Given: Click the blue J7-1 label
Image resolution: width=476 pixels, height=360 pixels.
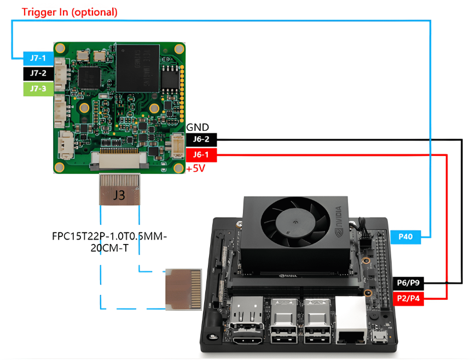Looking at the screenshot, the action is (38, 58).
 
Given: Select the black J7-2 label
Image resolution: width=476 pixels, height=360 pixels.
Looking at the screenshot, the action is (38, 73).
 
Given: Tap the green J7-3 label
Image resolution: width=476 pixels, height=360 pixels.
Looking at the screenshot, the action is (38, 89).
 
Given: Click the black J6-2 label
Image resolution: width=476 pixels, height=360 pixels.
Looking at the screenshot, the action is (201, 140).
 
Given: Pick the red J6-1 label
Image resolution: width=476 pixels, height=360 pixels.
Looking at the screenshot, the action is (201, 155).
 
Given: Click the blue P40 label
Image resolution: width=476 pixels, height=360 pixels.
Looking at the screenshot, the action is (405, 237).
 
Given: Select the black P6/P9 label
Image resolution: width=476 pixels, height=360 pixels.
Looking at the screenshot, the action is (408, 283).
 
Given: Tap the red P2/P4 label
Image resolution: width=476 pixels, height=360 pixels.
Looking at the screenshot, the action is (408, 298).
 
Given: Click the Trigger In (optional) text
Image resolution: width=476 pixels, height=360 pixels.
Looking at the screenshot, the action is (69, 12).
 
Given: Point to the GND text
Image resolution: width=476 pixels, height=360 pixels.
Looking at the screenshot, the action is (198, 127).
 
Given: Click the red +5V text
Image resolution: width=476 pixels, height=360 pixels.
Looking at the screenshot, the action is (196, 168).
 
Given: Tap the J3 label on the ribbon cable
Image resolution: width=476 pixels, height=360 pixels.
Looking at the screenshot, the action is (119, 195).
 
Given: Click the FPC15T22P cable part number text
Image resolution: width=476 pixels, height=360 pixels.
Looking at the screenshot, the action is (109, 242).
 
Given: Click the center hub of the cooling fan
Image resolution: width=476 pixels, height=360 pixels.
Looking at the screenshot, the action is (295, 223).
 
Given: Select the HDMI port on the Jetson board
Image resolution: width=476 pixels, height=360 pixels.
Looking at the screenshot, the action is (247, 339).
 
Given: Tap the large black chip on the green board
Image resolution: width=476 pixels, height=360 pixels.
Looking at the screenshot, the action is (138, 68).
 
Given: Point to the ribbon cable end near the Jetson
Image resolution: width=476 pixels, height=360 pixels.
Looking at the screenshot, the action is (183, 289).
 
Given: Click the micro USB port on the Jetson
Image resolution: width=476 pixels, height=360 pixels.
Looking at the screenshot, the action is (380, 337).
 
